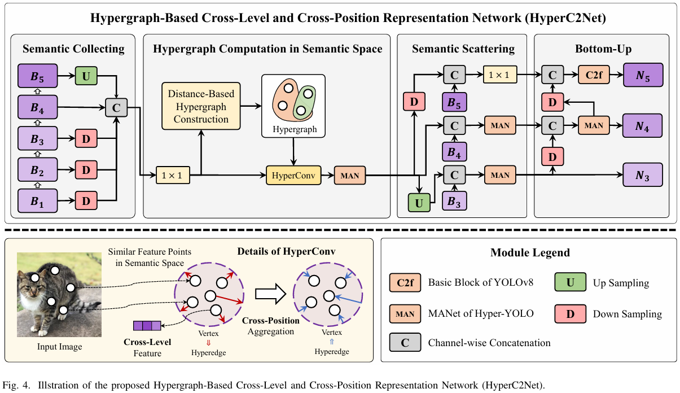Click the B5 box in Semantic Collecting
[38, 76]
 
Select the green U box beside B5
[86, 76]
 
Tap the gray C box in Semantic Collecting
[116, 107]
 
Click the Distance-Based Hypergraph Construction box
[201, 106]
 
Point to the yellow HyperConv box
[293, 175]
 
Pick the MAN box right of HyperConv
[350, 175]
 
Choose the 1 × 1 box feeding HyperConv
[173, 175]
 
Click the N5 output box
[643, 75]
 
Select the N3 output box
[643, 175]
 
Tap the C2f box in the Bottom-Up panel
[594, 75]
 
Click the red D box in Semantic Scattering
[414, 102]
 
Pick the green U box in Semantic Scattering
[419, 203]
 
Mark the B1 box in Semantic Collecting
[38, 201]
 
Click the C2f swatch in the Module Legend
[405, 282]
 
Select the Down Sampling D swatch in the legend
[570, 314]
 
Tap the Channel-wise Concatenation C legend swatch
[405, 342]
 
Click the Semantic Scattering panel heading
[463, 49]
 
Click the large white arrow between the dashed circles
[270, 294]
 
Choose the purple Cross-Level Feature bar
[147, 326]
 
